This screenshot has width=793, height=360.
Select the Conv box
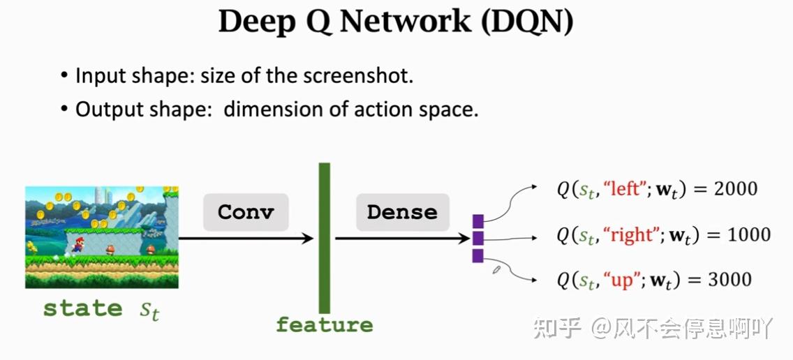(x=246, y=212)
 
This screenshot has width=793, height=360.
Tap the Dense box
(x=402, y=212)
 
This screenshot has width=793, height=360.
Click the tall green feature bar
(x=324, y=237)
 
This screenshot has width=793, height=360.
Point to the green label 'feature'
(x=324, y=325)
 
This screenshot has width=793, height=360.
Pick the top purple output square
(x=478, y=221)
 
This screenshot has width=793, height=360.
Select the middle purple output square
(x=478, y=239)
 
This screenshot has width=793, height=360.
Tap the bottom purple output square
(x=478, y=256)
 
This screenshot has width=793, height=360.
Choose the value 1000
(x=748, y=235)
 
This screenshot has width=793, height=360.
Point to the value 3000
(x=729, y=280)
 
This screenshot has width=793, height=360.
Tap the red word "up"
(x=618, y=280)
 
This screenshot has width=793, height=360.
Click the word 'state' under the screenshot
(x=82, y=308)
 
